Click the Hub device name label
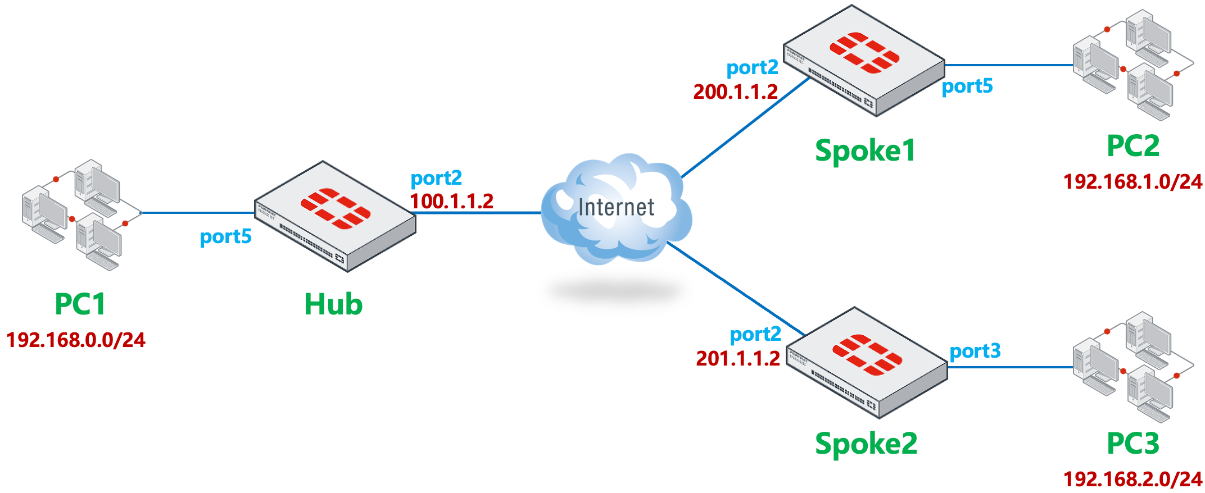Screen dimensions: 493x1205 pyautogui.click(x=333, y=304)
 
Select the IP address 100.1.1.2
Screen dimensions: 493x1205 pyautogui.click(x=451, y=201)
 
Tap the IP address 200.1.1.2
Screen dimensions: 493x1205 pyautogui.click(x=735, y=92)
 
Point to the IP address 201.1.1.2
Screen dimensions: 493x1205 pyautogui.click(x=738, y=358)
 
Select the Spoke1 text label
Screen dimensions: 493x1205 pyautogui.click(x=865, y=150)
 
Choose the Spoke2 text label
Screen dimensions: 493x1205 pyautogui.click(x=866, y=444)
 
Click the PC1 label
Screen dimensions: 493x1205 pyautogui.click(x=80, y=304)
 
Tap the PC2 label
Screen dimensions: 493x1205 pyautogui.click(x=1132, y=146)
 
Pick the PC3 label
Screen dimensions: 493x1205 pyautogui.click(x=1132, y=444)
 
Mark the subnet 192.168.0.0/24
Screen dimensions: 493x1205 pyautogui.click(x=76, y=340)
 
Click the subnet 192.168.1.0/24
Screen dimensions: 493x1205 pyautogui.click(x=1132, y=181)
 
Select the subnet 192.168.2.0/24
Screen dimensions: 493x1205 pyautogui.click(x=1132, y=479)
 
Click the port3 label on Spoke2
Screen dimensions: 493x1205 pyautogui.click(x=975, y=351)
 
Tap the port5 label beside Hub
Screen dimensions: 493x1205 pyautogui.click(x=225, y=237)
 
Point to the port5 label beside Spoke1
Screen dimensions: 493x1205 pyautogui.click(x=967, y=86)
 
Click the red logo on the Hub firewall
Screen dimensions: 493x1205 pyautogui.click(x=336, y=208)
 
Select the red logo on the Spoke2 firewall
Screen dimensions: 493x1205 pyautogui.click(x=867, y=354)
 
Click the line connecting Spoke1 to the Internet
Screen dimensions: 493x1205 pyautogui.click(x=745, y=129)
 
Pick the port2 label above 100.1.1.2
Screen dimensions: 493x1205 pyautogui.click(x=436, y=179)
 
